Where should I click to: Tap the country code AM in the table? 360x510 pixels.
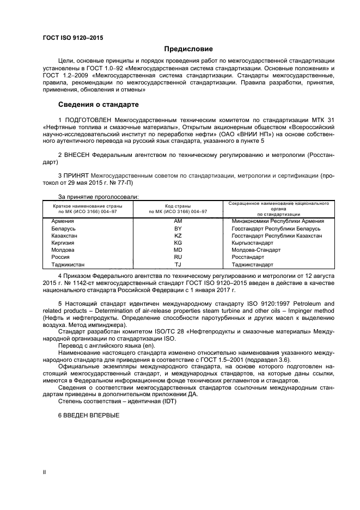pos(178,221)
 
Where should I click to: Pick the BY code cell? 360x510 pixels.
pos(178,228)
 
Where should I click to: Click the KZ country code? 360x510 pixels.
pos(178,235)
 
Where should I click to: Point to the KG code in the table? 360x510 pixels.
pos(178,242)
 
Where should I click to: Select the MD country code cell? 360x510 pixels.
pos(178,250)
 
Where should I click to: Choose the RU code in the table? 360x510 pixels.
pos(178,257)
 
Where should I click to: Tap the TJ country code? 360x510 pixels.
pos(178,264)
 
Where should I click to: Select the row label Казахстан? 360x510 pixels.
pos(64,235)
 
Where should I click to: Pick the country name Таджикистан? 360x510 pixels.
pos(68,264)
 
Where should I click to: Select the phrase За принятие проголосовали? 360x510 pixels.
pos(98,196)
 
